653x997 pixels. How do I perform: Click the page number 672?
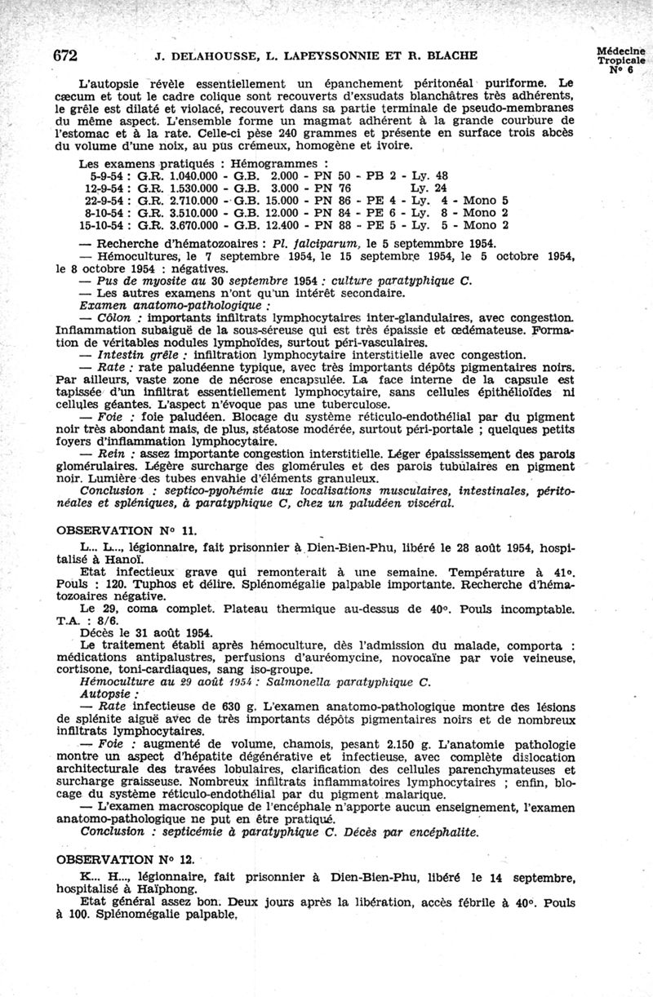point(65,56)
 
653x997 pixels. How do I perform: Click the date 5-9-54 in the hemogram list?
point(107,175)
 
